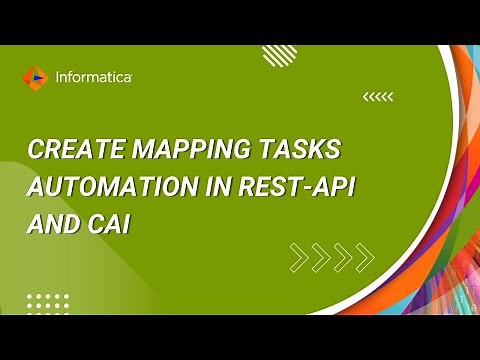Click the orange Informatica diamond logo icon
[35, 76]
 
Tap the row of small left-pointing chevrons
[378, 97]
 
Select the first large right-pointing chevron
[299, 258]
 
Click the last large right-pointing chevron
[365, 258]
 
